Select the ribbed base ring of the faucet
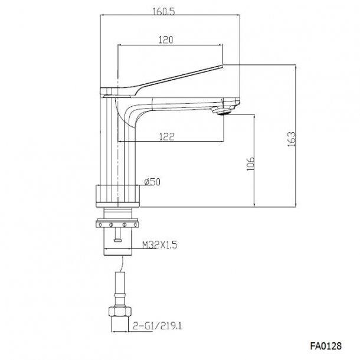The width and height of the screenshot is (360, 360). pos(118,195)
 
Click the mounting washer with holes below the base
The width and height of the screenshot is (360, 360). pos(118,225)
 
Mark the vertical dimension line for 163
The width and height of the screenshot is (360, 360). pos(294,136)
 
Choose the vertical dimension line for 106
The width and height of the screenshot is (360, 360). pos(254,161)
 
